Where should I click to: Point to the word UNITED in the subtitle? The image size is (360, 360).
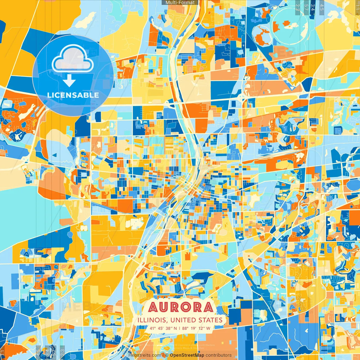184,320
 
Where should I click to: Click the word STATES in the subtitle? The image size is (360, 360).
211,320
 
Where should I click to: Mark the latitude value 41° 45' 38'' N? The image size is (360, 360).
163,328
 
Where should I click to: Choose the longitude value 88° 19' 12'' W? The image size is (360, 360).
196,328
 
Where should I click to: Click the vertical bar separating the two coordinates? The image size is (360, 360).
180,328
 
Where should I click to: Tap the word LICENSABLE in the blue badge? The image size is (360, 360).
73,95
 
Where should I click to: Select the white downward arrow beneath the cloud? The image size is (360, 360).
69,81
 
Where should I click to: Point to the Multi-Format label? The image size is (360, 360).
180,3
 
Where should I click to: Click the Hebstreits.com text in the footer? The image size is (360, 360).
145,355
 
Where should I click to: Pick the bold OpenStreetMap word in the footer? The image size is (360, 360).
187,355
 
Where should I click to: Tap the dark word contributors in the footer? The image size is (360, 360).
219,355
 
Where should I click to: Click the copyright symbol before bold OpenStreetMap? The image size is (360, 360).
167,355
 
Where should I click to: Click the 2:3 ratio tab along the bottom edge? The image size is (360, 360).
62,352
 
